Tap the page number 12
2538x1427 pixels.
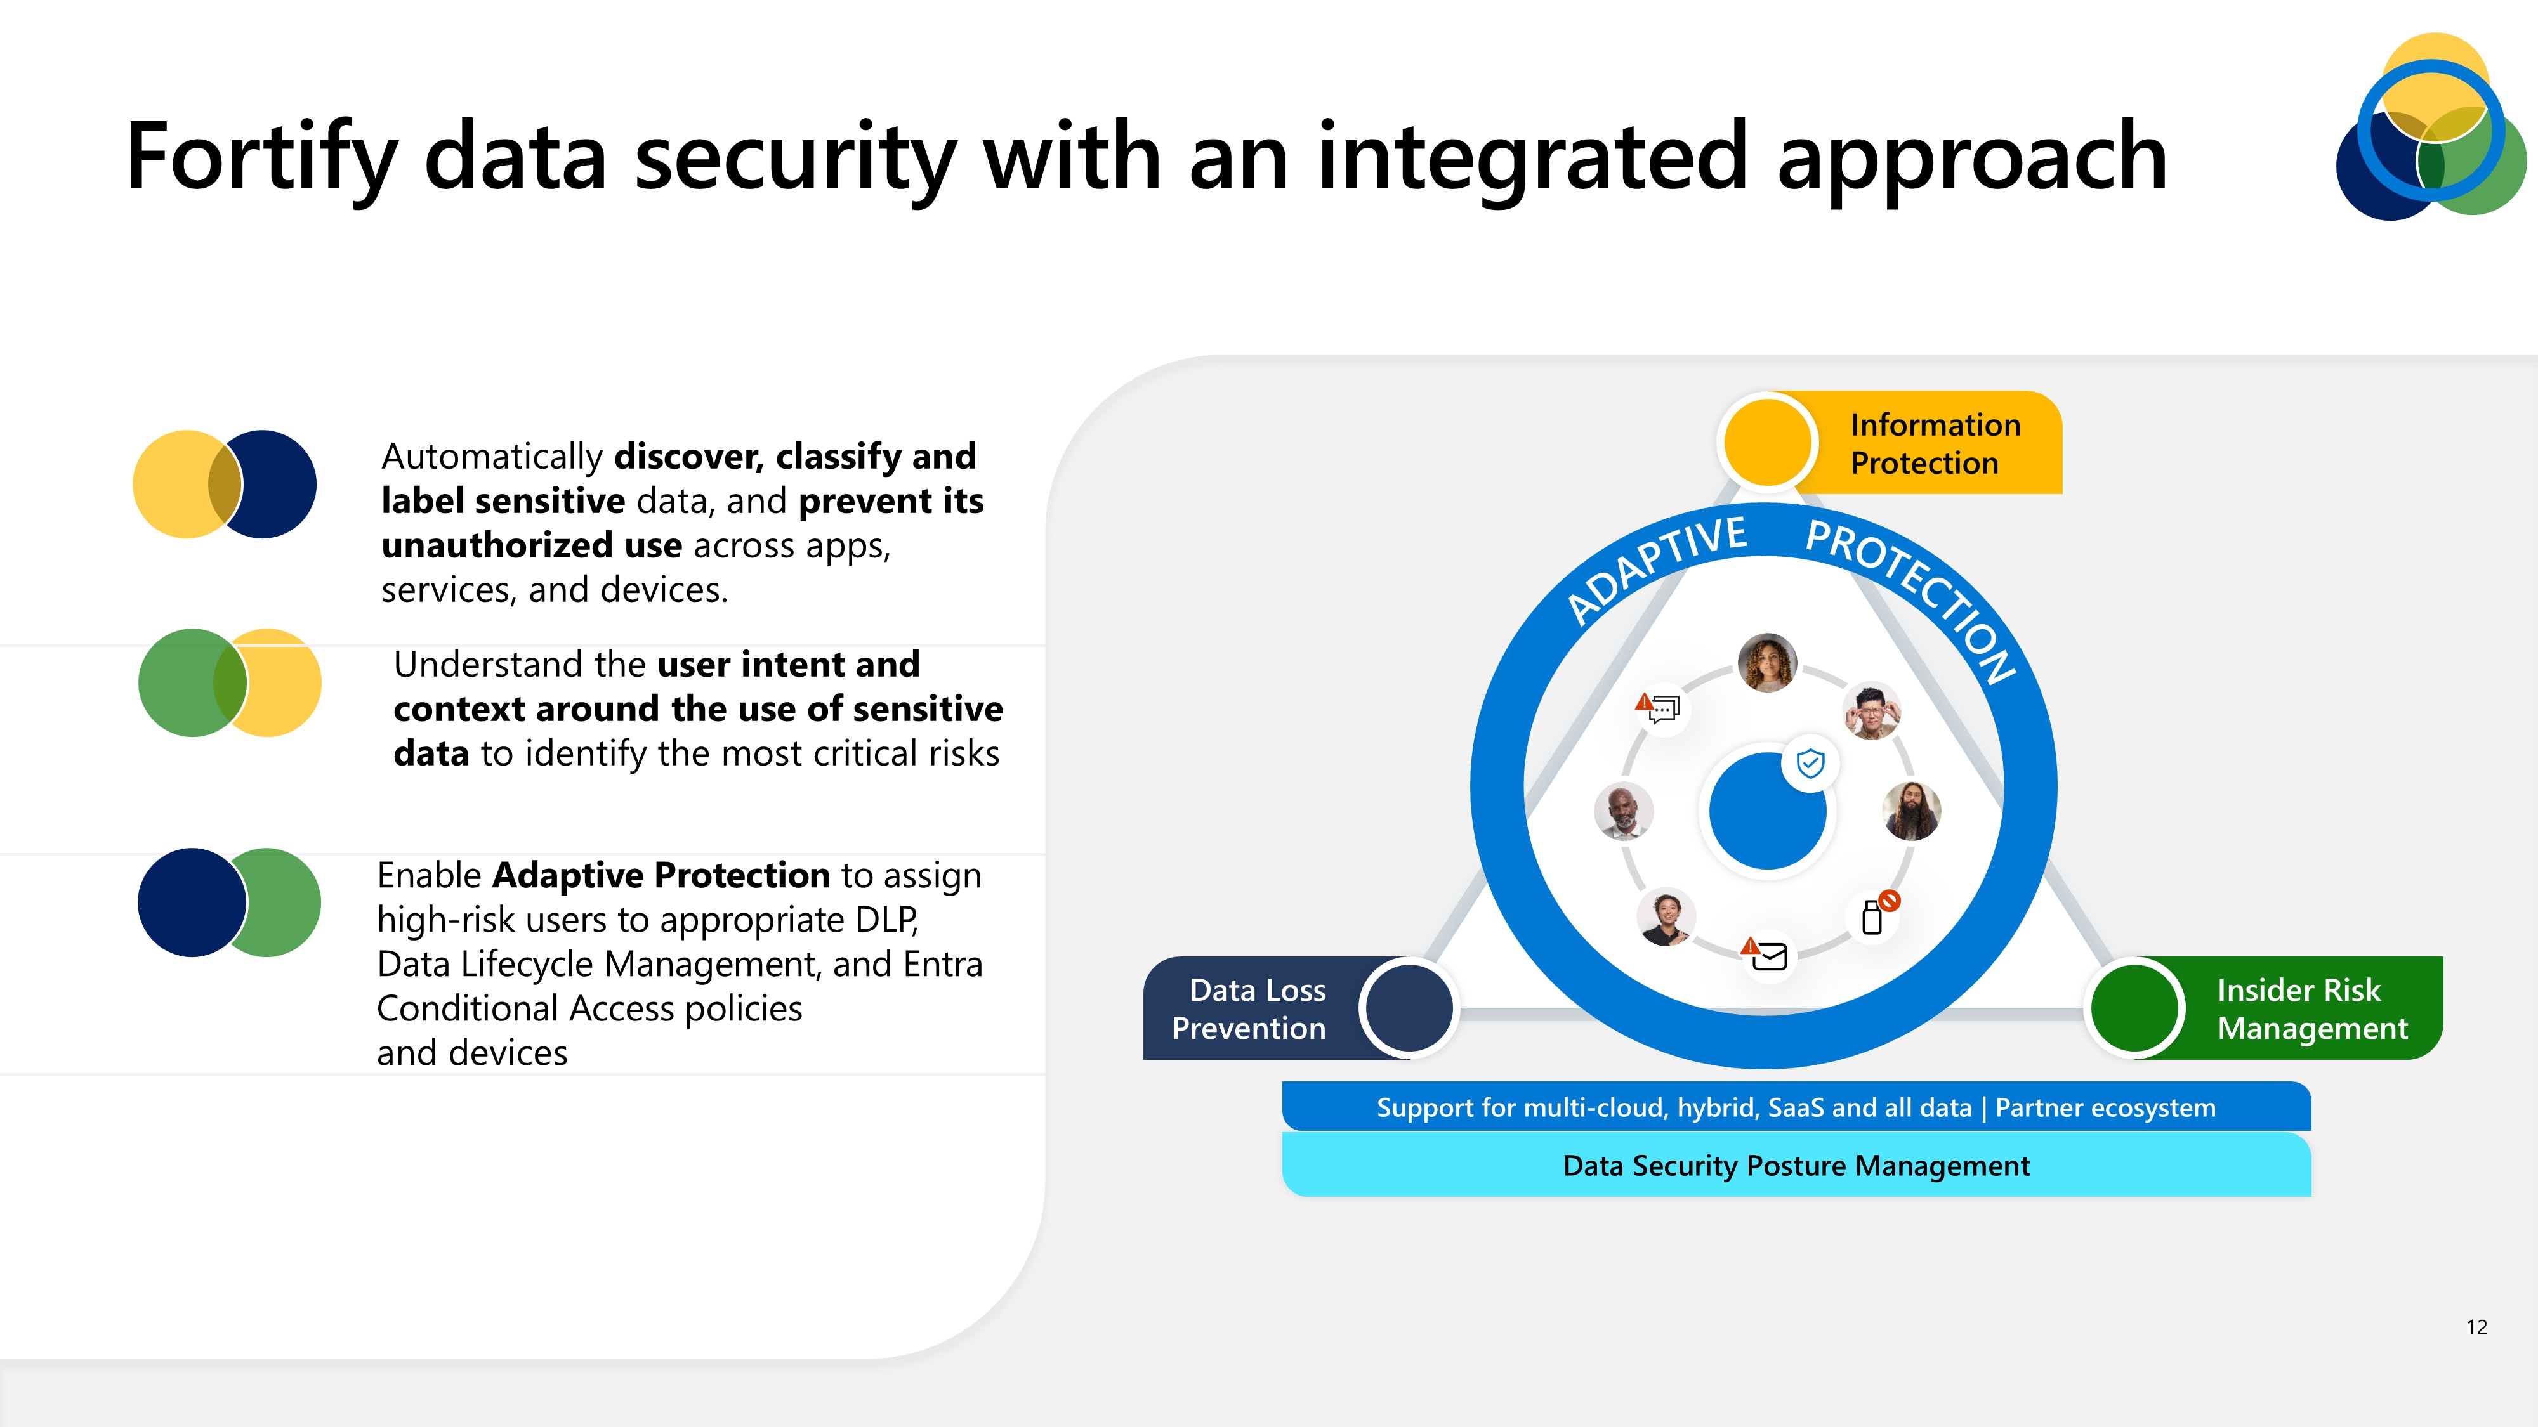2476,1327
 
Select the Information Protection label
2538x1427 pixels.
1934,443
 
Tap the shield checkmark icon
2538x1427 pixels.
1810,763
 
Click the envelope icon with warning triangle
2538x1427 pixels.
1766,955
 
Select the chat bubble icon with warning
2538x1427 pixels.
1662,708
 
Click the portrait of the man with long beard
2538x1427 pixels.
1911,811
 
